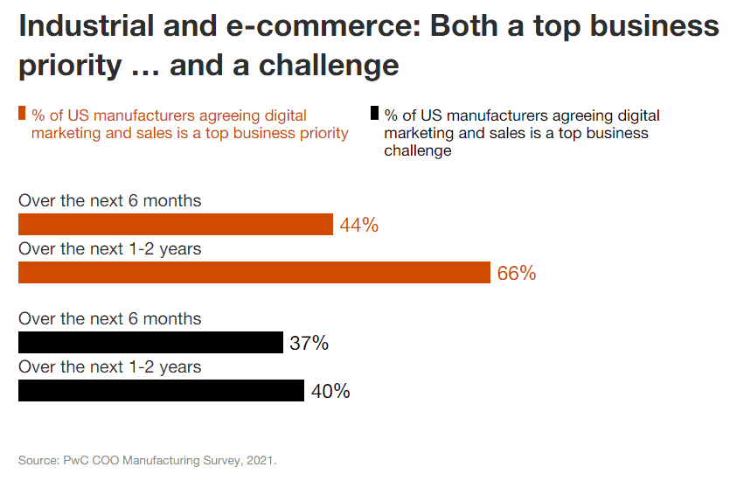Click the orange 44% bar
(176, 225)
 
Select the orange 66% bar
(254, 273)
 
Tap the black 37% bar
(150, 343)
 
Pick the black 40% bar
(161, 390)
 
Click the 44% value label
(359, 226)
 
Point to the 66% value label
(517, 274)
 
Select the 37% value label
(309, 344)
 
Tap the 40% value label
(330, 391)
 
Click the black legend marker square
(374, 114)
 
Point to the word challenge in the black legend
(418, 150)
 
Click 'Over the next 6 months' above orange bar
(110, 201)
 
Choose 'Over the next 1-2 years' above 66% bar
(110, 249)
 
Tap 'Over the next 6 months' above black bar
(110, 319)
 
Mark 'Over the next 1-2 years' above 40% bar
(110, 366)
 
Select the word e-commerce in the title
(315, 26)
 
